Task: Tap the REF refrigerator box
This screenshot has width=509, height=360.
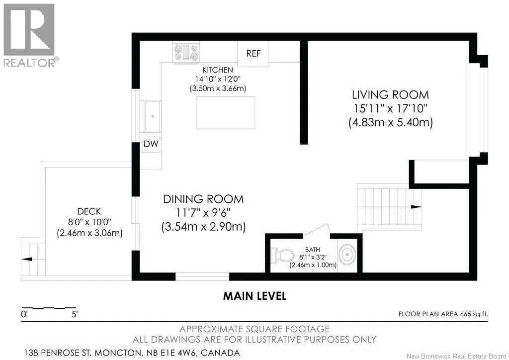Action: coord(253,54)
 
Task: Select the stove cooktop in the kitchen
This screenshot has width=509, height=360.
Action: coord(186,52)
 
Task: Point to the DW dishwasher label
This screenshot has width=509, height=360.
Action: coord(151,144)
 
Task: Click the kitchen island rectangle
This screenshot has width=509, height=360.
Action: coord(226,113)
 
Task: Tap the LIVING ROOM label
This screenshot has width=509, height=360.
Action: coord(391,95)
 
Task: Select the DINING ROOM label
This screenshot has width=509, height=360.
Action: coord(203,199)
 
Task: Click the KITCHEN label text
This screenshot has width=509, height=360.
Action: coord(218,70)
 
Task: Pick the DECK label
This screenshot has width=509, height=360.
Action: coord(89,212)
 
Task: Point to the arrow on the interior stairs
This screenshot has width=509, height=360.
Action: coord(416,207)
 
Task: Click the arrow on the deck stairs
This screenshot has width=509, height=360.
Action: coord(27,259)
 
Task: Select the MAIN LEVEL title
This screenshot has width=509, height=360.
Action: coord(255,296)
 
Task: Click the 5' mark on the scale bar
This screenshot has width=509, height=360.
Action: coord(75,314)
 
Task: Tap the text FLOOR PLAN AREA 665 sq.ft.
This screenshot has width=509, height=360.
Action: coord(443,314)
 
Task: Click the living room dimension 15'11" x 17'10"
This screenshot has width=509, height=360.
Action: coord(391,108)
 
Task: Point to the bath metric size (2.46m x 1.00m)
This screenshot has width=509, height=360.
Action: coord(313,265)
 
